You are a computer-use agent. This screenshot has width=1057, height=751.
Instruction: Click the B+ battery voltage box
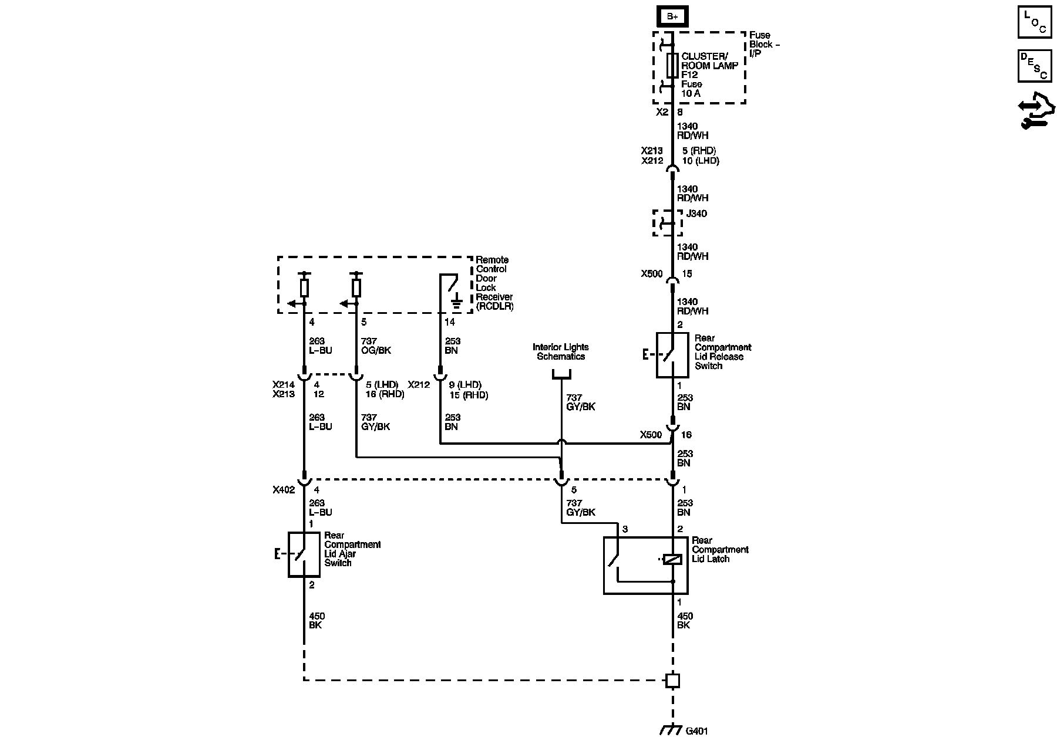(x=672, y=16)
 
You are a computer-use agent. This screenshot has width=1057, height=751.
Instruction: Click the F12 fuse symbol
(x=673, y=65)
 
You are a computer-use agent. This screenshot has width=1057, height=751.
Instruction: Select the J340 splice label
(x=696, y=214)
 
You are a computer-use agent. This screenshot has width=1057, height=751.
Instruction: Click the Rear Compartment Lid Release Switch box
(x=672, y=355)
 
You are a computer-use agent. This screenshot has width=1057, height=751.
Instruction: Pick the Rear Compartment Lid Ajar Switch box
(x=304, y=554)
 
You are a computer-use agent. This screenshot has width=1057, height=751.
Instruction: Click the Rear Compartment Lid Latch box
(x=645, y=565)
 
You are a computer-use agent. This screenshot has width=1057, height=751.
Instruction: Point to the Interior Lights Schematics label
(x=560, y=352)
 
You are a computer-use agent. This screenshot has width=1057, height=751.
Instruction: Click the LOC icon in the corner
(x=1034, y=22)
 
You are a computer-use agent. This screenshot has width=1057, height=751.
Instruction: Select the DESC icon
(x=1034, y=66)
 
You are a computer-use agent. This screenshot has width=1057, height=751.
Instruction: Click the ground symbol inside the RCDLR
(x=456, y=303)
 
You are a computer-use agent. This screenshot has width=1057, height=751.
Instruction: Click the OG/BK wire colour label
(x=376, y=350)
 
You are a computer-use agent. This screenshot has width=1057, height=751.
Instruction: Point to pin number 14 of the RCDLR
(x=449, y=322)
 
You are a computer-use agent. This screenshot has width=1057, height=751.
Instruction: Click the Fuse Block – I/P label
(x=764, y=44)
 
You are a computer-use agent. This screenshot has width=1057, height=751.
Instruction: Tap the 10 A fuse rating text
(x=691, y=93)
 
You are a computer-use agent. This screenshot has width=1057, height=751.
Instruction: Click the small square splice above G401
(x=672, y=681)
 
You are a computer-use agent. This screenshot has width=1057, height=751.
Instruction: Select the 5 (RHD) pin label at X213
(x=699, y=151)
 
